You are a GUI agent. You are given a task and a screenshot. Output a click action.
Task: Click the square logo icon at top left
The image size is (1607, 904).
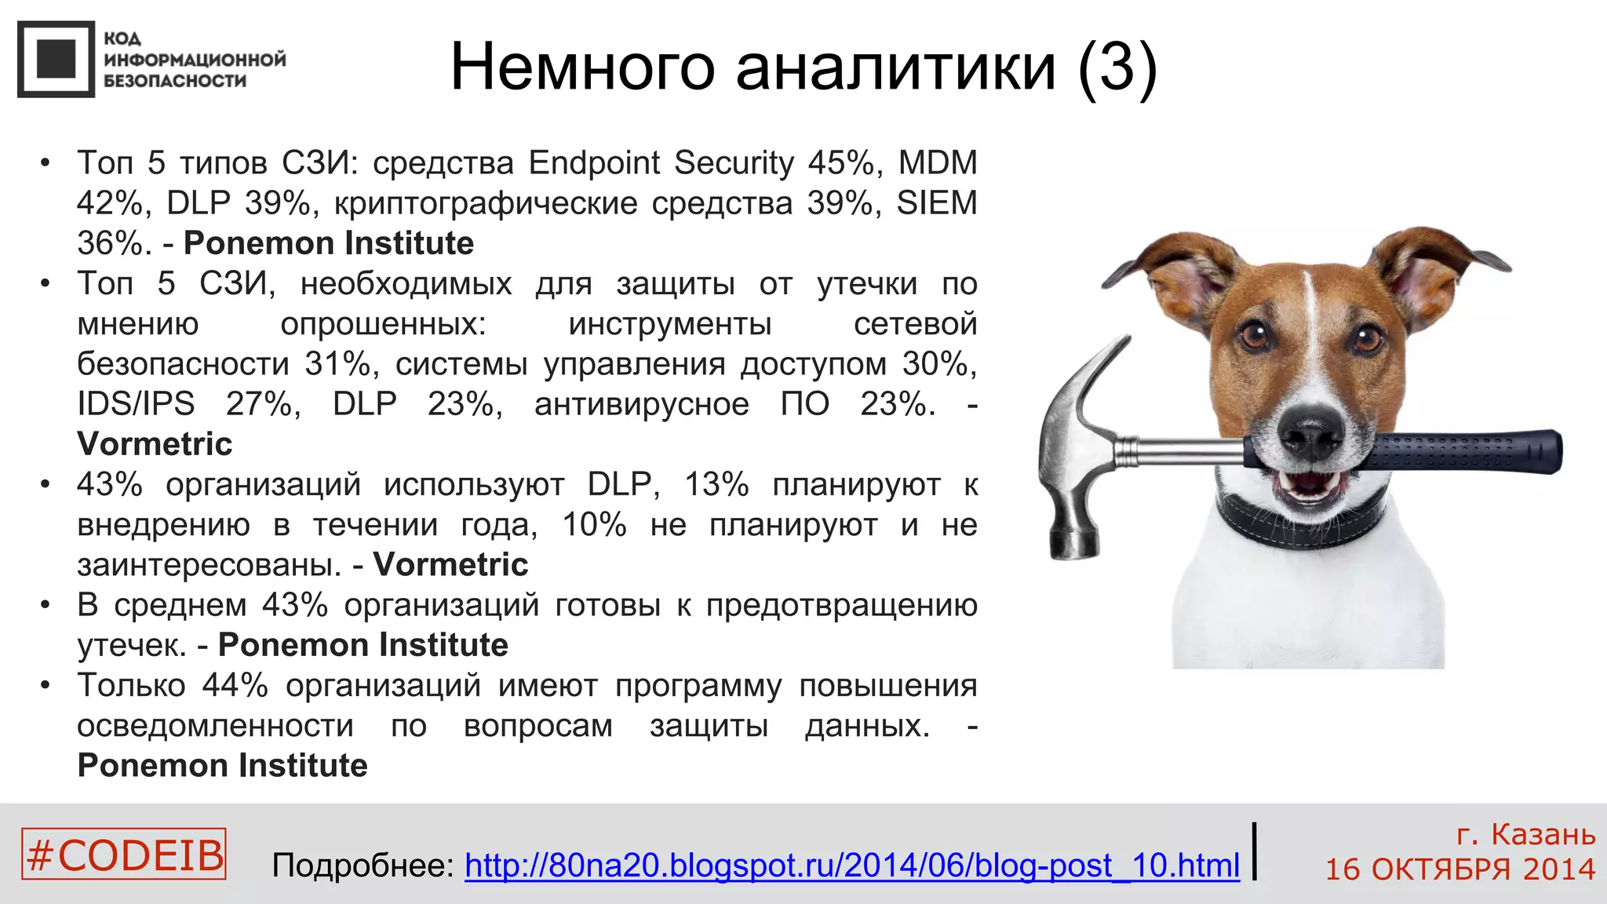[x=56, y=60]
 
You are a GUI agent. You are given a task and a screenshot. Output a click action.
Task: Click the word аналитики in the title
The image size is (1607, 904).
[x=895, y=67]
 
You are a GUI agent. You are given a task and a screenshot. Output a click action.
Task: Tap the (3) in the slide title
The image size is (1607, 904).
[x=1117, y=67]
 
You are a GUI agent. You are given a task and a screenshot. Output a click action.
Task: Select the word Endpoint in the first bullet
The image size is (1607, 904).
[x=594, y=163]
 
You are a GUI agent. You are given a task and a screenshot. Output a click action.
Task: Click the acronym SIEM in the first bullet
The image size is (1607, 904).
[x=937, y=203]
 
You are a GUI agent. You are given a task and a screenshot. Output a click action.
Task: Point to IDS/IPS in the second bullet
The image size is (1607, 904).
[x=136, y=404]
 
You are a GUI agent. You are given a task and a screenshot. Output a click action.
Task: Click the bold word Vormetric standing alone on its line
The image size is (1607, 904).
[x=155, y=444]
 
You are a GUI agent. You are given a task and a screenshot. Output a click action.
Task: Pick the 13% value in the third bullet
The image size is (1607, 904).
[x=716, y=485]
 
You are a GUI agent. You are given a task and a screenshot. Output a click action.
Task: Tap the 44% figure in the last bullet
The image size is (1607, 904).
[x=235, y=686]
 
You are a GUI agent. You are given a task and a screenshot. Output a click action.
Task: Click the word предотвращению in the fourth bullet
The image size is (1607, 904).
[x=841, y=605]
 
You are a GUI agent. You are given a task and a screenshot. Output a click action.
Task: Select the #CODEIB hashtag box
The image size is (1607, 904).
[x=124, y=854]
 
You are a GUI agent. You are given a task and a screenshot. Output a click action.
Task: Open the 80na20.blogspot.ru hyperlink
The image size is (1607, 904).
[x=852, y=866]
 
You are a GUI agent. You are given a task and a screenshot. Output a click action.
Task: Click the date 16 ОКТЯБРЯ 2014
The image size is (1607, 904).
[x=1460, y=869]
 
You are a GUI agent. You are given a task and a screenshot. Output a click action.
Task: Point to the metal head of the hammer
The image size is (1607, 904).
[x=1075, y=455]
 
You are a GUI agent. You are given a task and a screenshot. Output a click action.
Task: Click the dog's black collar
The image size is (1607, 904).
[x=1303, y=521]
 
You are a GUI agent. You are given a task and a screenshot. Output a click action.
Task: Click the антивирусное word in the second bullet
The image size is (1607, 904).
[x=641, y=404]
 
